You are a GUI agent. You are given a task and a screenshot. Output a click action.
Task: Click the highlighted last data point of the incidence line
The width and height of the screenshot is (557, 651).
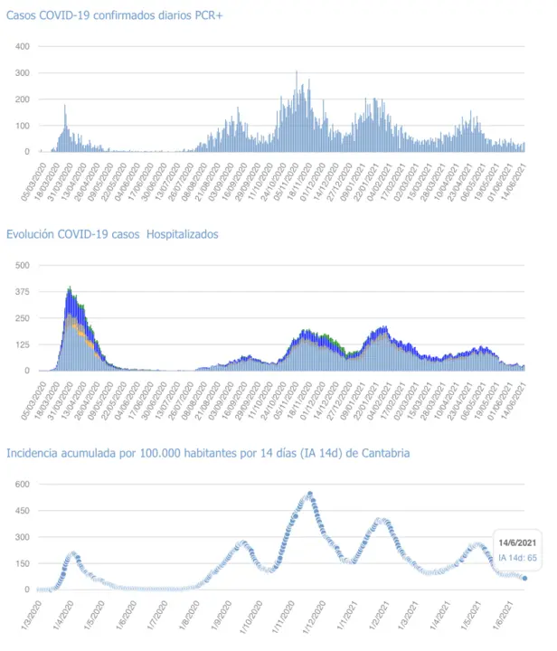point(524,579)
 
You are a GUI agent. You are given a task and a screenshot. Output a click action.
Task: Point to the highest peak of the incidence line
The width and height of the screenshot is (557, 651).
point(310,494)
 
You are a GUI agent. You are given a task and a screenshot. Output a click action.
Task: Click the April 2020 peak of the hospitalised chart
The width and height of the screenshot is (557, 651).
point(70,289)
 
